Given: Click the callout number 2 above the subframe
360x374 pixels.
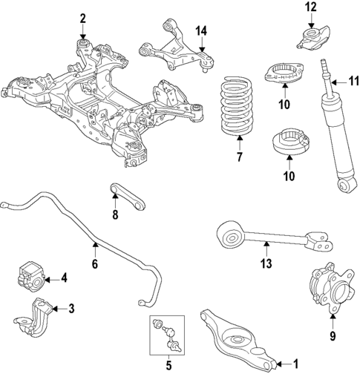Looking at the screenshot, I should tap(82, 19).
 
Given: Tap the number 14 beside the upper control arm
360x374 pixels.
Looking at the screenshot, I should tap(201, 30).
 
